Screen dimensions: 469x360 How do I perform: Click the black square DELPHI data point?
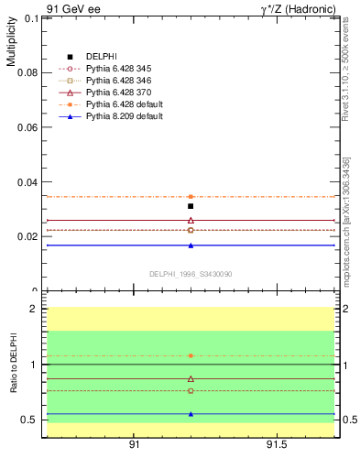click(191, 206)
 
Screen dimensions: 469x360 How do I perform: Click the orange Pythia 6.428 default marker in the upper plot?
click(191, 197)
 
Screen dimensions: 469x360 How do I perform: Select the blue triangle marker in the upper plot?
click(191, 245)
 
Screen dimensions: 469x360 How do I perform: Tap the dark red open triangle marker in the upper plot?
click(191, 220)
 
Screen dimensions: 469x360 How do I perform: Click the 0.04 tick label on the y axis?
click(27, 182)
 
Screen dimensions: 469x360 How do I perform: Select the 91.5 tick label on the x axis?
click(277, 445)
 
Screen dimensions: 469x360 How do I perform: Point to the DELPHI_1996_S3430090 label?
click(191, 274)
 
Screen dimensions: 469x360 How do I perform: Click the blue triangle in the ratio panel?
click(191, 413)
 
